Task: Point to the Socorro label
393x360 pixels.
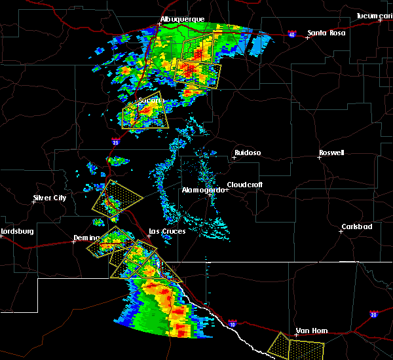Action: pos(151,100)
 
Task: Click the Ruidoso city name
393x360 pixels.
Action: pos(247,153)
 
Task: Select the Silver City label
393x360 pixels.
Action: pos(50,198)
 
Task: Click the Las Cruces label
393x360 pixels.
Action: pos(167,231)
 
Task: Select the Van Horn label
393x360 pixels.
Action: pos(311,331)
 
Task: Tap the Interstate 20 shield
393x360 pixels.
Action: pos(374,315)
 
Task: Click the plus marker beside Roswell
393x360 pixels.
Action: pos(319,158)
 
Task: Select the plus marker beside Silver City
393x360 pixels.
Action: pos(33,202)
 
